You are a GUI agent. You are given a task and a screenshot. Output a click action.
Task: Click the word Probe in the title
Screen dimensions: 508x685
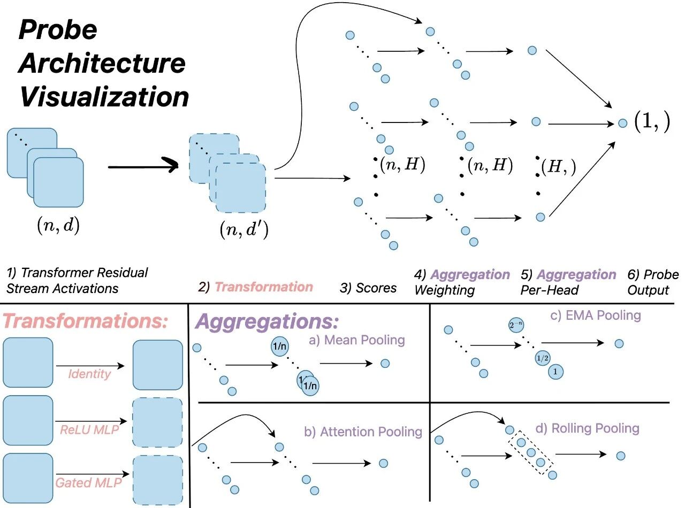click(58, 30)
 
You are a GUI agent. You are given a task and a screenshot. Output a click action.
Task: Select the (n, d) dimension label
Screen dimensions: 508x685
click(58, 226)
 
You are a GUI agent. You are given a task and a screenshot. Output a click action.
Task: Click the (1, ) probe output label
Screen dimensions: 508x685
click(651, 122)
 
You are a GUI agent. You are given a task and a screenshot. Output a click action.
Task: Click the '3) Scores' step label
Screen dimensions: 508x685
click(368, 288)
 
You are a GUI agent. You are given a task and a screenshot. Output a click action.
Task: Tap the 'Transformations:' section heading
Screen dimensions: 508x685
click(86, 322)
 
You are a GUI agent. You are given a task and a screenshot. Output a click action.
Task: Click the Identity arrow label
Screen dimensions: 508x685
click(89, 374)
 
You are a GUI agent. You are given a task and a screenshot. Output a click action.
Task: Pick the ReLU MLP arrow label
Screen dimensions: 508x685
click(89, 431)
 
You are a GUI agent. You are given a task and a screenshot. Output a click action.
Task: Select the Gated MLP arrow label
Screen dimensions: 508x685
click(89, 483)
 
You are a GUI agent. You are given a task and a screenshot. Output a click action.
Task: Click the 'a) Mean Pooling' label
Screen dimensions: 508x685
click(364, 340)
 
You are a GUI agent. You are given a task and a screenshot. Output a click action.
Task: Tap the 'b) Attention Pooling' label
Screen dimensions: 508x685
click(363, 432)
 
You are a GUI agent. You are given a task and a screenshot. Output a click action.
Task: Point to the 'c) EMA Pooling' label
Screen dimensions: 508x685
click(595, 315)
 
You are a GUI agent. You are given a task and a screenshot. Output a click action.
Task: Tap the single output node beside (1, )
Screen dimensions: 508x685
click(622, 123)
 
